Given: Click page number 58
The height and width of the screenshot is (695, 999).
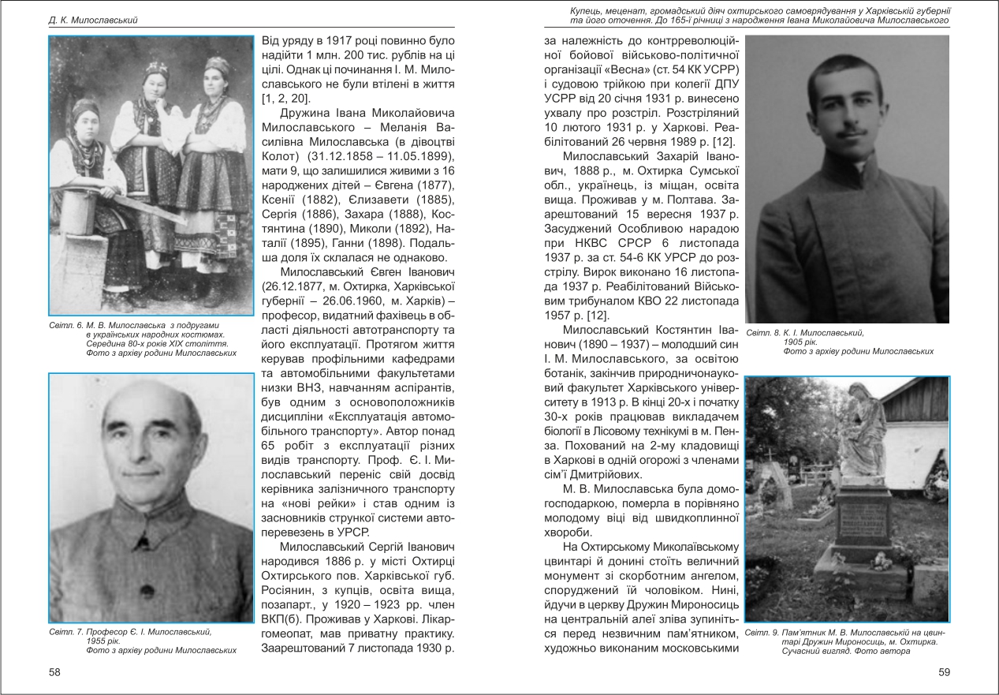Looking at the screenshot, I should point(54,672).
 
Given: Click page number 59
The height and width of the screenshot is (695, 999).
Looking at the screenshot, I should point(944,672).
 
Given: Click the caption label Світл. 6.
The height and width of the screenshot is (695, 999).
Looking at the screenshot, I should point(66,325).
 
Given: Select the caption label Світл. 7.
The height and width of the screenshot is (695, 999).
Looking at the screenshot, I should point(66,632).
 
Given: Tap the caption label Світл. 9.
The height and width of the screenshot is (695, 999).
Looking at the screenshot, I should point(763,633).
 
